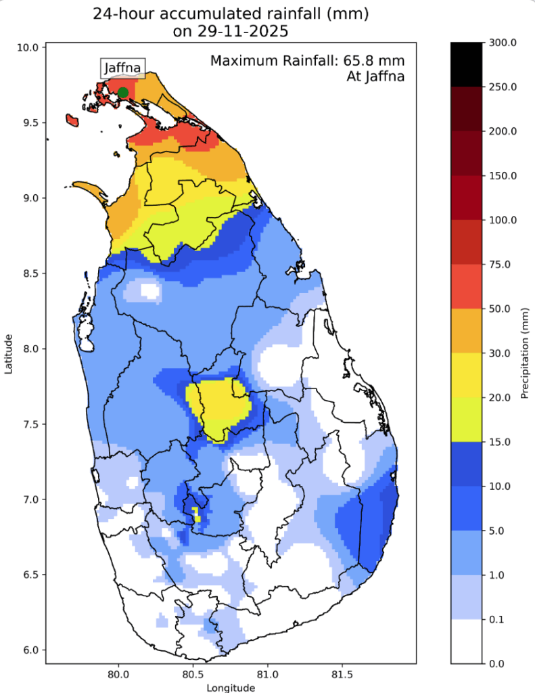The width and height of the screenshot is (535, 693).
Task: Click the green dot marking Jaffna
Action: (x=122, y=93)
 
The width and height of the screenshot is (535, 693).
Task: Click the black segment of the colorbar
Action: (x=467, y=64)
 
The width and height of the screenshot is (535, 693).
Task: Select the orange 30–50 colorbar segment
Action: (x=467, y=331)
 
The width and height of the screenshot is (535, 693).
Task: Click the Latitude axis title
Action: (x=9, y=353)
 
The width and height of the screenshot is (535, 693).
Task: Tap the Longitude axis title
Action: (x=231, y=688)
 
